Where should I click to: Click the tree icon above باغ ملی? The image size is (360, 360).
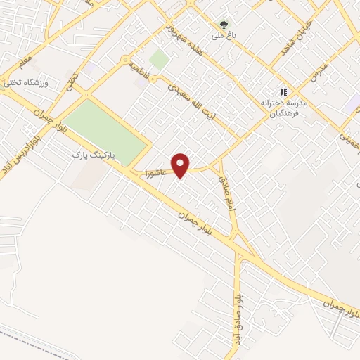[225, 23]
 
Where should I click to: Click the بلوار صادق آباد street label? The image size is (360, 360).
[238, 313]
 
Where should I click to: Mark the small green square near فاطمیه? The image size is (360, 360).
[159, 60]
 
